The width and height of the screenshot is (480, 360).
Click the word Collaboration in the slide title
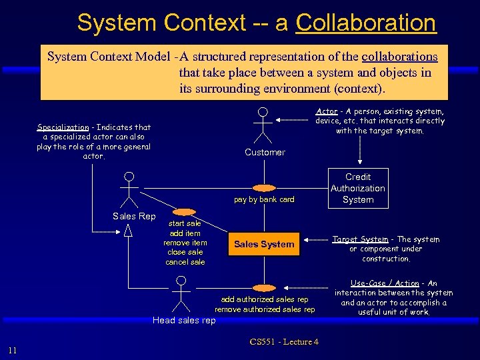tap(365, 23)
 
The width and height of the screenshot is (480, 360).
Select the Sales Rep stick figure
tap(129, 191)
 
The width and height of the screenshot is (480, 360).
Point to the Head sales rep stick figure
tap(179, 294)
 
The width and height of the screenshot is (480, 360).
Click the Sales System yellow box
tap(264, 244)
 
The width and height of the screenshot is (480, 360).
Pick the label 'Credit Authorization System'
tap(358, 188)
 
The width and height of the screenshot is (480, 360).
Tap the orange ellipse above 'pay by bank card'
tap(264, 187)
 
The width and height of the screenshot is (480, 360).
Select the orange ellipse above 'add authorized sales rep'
tap(264, 287)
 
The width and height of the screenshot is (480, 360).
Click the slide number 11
tap(13, 351)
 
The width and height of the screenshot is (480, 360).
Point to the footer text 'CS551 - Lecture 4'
tap(284, 342)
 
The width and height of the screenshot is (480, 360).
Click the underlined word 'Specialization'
tap(63, 127)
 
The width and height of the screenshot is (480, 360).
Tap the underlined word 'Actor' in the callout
tap(327, 111)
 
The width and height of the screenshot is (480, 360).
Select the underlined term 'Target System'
tap(360, 239)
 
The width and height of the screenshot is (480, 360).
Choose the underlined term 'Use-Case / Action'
tap(385, 283)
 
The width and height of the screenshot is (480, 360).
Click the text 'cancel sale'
tap(185, 262)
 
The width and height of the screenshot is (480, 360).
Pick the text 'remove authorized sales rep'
tap(265, 309)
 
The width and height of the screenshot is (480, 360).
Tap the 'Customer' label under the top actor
tap(265, 153)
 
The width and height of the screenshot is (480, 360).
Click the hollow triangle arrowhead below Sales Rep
tap(129, 231)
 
